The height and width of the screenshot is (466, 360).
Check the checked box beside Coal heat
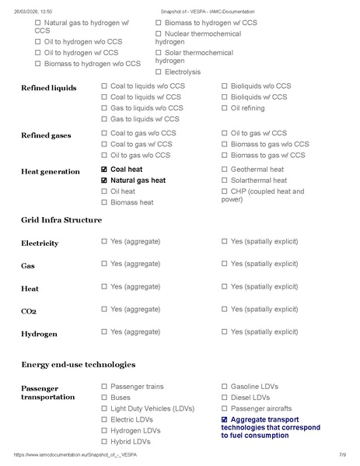(x=104, y=169)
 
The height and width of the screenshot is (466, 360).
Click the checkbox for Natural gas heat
(x=104, y=180)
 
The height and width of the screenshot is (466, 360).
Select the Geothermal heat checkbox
(x=225, y=169)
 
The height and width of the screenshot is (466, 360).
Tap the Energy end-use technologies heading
(x=79, y=364)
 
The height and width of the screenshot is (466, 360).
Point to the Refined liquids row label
(x=48, y=88)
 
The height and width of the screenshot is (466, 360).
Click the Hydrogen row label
(x=39, y=334)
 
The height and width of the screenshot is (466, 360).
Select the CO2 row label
(x=30, y=311)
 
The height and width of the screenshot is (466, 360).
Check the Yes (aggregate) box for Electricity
(x=104, y=242)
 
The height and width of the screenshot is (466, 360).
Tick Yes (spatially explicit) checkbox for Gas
(x=225, y=264)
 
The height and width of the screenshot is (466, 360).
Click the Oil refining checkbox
(x=225, y=108)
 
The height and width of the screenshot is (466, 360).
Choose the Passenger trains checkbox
(x=104, y=386)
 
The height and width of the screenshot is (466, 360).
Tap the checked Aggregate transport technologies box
(x=225, y=419)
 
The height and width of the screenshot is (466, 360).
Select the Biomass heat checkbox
(x=104, y=202)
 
